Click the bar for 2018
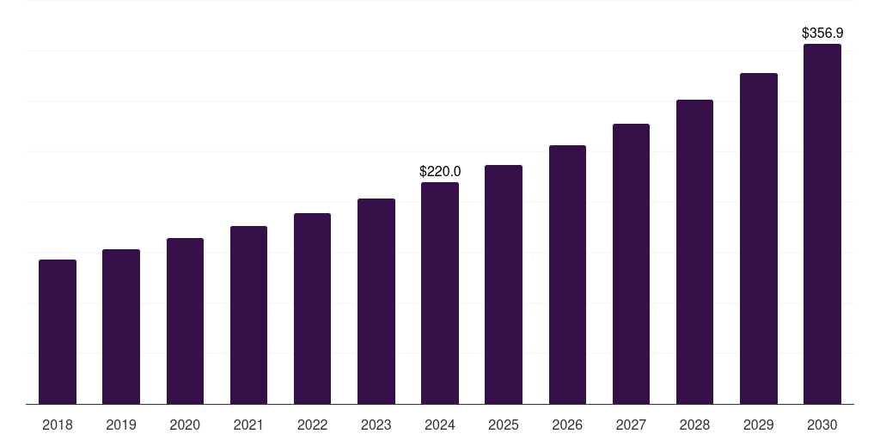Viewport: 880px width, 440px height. (x=58, y=332)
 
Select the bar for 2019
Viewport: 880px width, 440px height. (x=121, y=327)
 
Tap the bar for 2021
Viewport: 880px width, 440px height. (x=248, y=315)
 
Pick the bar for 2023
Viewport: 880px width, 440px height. (x=376, y=301)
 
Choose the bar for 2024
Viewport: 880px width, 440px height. (x=440, y=293)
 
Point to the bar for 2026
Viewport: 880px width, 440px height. (x=567, y=274)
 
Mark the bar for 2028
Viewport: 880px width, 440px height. (x=694, y=252)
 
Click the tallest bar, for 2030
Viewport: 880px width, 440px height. (x=822, y=223)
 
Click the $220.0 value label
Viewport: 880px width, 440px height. (x=440, y=171)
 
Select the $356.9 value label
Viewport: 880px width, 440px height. (x=822, y=33)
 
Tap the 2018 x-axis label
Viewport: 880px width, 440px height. (x=58, y=425)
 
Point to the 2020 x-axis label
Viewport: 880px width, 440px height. (x=185, y=425)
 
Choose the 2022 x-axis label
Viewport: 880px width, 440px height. (x=312, y=425)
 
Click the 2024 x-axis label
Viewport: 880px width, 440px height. (x=440, y=425)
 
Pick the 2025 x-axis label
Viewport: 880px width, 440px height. (x=504, y=425)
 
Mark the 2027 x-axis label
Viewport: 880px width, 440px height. (x=631, y=425)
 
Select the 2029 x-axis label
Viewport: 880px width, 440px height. (x=759, y=425)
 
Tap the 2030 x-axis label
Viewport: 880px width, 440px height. (x=822, y=425)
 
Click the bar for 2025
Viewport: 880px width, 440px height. (x=504, y=284)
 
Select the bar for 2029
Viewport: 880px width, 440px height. (x=759, y=238)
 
